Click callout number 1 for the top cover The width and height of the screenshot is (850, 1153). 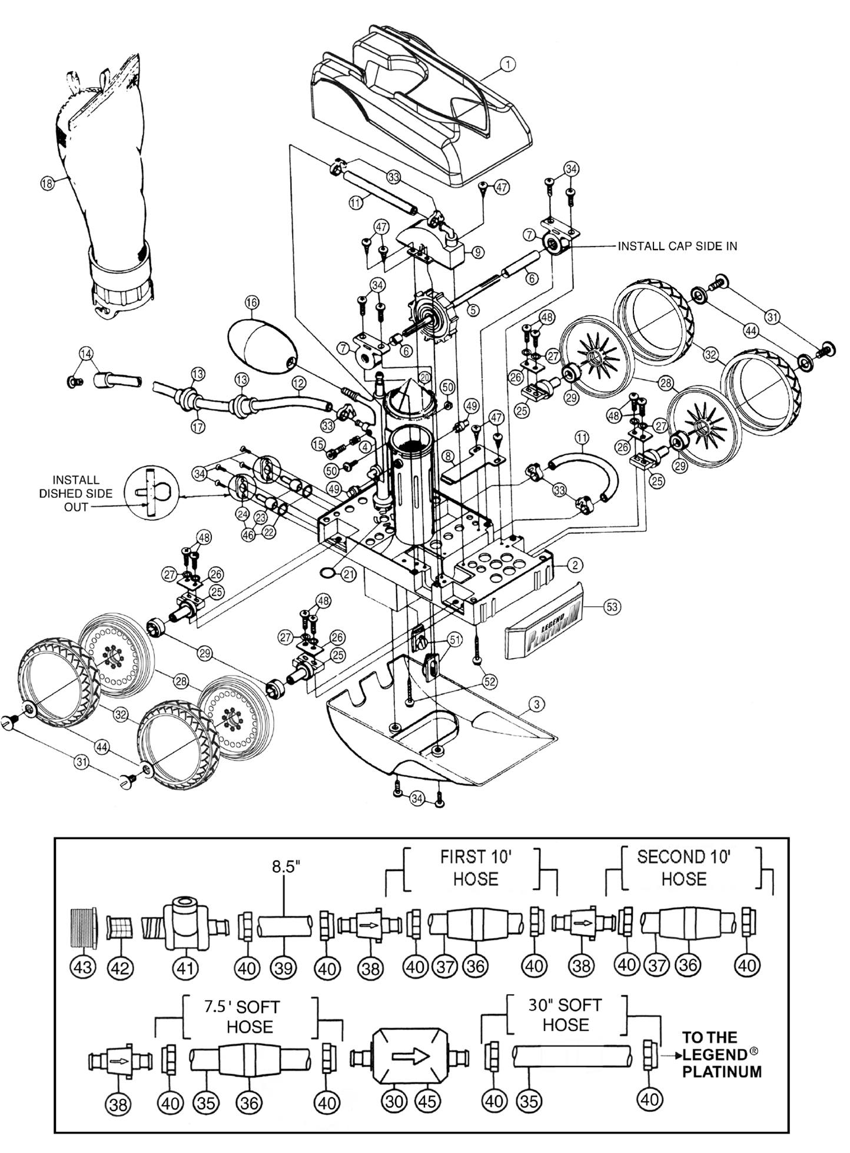(x=507, y=64)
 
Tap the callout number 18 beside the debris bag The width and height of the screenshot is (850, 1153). (x=47, y=183)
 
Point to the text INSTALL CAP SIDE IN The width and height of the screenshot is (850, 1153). (x=677, y=246)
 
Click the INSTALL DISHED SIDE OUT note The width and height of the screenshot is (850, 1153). (x=76, y=493)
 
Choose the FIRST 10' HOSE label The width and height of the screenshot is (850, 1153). (x=476, y=868)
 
